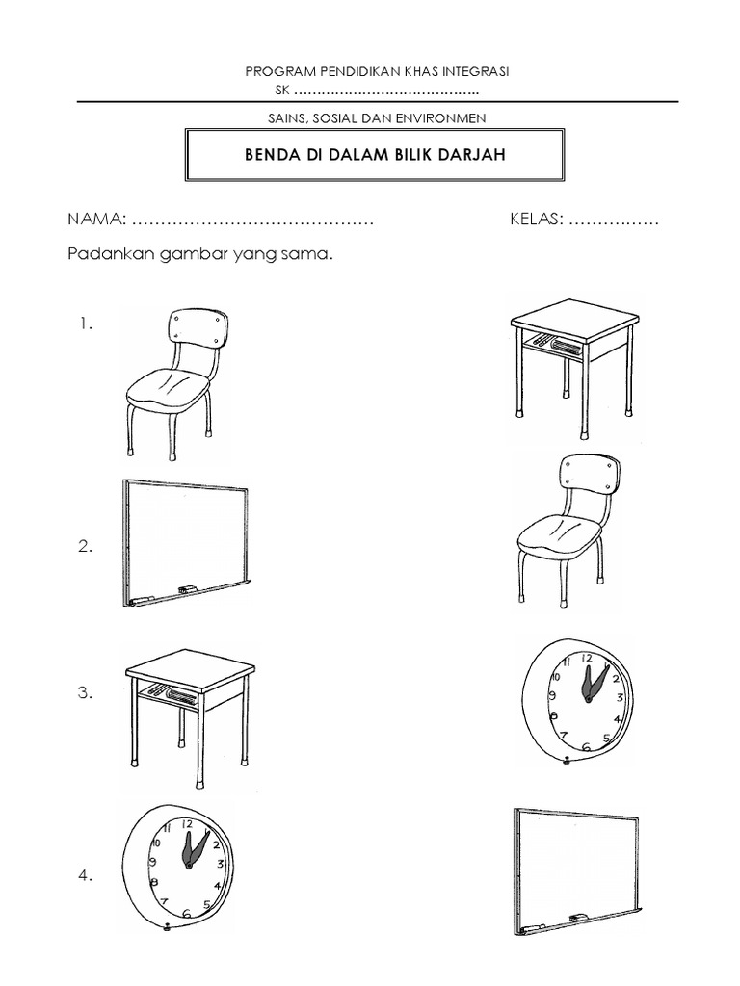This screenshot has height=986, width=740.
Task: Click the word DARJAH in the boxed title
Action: [471, 156]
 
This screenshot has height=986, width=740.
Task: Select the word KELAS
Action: [536, 221]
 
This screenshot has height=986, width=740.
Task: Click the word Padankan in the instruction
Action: [104, 257]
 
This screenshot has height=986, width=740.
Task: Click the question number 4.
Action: [86, 876]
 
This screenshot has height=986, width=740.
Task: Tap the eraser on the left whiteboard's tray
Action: [187, 588]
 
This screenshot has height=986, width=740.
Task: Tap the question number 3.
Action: [86, 693]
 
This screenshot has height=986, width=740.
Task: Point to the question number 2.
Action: [86, 548]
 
